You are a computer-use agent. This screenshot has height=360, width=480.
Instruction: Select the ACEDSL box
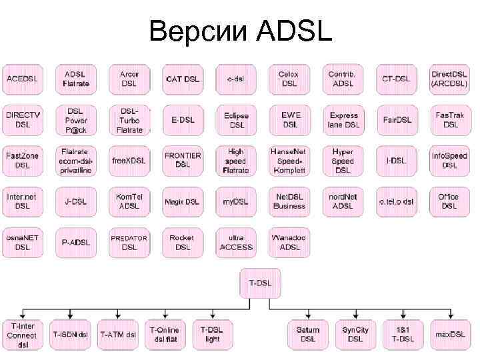[23, 79]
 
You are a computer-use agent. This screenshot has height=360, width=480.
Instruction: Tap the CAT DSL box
[182, 79]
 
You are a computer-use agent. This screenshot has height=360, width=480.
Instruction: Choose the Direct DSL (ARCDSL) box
[450, 79]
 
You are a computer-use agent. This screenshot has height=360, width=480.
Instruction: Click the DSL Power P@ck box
[76, 119]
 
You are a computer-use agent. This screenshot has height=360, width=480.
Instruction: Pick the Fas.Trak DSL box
[450, 120]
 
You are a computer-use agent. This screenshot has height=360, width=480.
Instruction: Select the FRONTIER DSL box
[182, 160]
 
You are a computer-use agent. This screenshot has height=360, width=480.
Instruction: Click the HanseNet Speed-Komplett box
[289, 161]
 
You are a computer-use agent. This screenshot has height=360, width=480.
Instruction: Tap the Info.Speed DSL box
[450, 161]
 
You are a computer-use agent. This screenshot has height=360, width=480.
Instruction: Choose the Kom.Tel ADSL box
[129, 201]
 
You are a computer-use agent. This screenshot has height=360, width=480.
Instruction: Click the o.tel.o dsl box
[397, 201]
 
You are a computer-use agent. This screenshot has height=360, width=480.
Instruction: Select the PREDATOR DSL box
[129, 243]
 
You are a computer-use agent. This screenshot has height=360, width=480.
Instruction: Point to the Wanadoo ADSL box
[289, 243]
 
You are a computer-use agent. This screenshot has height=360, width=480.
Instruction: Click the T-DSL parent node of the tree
[260, 283]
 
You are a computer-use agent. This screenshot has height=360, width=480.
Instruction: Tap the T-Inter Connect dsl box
[23, 335]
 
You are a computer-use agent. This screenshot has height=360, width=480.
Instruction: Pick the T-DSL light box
[212, 335]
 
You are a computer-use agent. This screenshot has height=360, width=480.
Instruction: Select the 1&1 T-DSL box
[402, 335]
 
